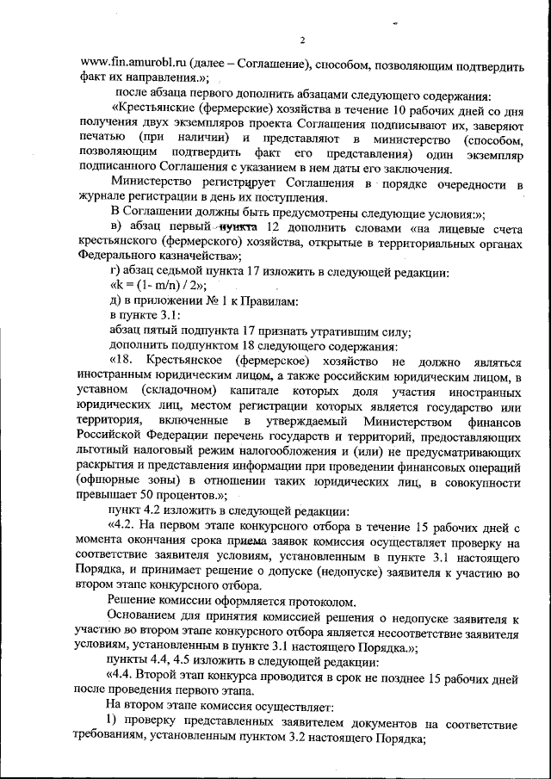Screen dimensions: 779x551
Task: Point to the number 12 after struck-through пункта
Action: coord(275,227)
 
